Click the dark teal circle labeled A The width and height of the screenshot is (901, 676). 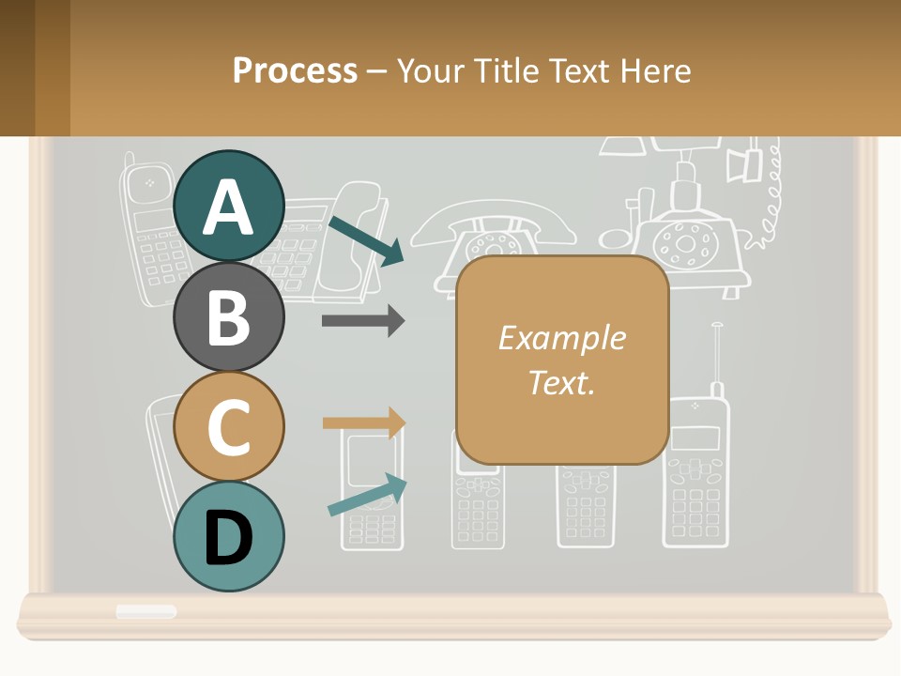pos(228,206)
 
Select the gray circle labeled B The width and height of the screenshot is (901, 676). pos(228,316)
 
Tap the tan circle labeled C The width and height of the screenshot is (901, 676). pos(228,426)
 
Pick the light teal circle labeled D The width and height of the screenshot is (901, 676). pos(228,536)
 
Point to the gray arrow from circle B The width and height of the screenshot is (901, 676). pos(362,321)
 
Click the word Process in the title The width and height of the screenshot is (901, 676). pos(295,70)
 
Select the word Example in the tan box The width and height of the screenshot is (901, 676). pos(561,338)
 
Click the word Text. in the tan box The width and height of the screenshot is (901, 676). pos(561,382)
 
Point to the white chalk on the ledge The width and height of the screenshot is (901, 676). pos(146,611)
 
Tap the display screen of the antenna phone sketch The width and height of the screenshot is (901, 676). pos(695,438)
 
